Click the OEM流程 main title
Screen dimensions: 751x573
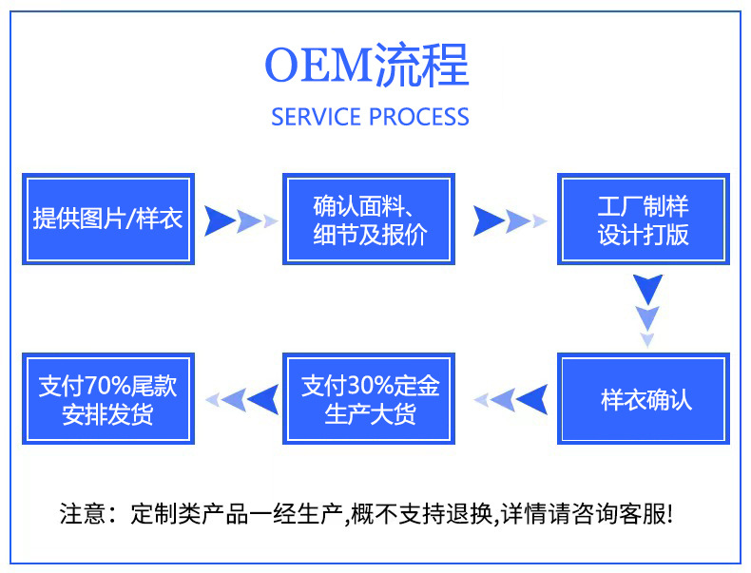click(x=366, y=66)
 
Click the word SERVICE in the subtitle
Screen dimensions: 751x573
click(x=317, y=117)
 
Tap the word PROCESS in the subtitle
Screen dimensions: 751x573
click(x=419, y=117)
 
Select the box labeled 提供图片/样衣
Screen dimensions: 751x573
click(x=108, y=219)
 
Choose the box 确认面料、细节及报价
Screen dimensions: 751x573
click(x=369, y=219)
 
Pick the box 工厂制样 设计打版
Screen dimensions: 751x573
click(x=644, y=219)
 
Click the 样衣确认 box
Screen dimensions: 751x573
click(x=644, y=399)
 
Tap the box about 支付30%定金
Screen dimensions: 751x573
click(x=369, y=399)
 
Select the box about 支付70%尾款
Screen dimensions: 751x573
click(x=108, y=399)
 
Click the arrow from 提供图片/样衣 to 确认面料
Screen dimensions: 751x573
click(x=241, y=220)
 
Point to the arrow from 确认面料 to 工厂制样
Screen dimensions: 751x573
click(x=510, y=220)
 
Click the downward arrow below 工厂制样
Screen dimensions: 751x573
click(x=647, y=310)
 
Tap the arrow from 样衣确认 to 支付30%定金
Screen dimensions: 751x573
click(x=510, y=399)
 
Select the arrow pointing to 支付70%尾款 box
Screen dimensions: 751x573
click(x=241, y=399)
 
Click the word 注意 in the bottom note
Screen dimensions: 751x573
click(x=83, y=514)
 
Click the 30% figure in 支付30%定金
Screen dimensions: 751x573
click(x=371, y=386)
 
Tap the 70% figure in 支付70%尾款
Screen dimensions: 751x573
click(x=107, y=386)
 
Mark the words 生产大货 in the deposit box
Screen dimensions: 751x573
click(x=370, y=414)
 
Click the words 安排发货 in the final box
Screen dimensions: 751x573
click(x=107, y=414)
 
